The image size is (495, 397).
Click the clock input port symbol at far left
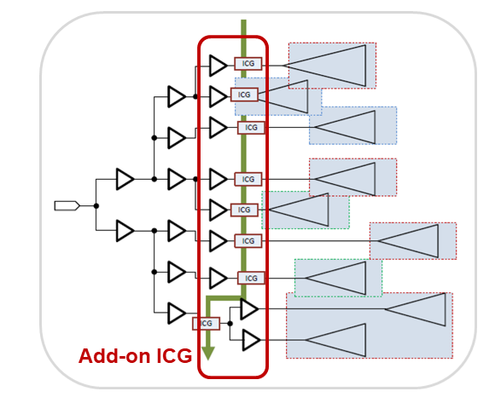67,206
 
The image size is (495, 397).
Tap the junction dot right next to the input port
96,206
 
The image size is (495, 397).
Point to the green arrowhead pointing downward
208,353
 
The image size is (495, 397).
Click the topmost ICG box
248,64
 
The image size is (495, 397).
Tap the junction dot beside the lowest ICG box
230,323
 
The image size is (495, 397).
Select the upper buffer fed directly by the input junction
125,179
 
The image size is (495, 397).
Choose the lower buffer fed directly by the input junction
125,231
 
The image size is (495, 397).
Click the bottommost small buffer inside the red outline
251,340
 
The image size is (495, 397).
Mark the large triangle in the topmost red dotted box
324,66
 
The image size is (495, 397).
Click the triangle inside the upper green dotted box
299,210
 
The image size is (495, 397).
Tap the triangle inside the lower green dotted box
335,278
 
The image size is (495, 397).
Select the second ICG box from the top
244,95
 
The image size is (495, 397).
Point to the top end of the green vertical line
243,20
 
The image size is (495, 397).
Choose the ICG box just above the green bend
251,278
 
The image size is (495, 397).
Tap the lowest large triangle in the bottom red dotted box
335,340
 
